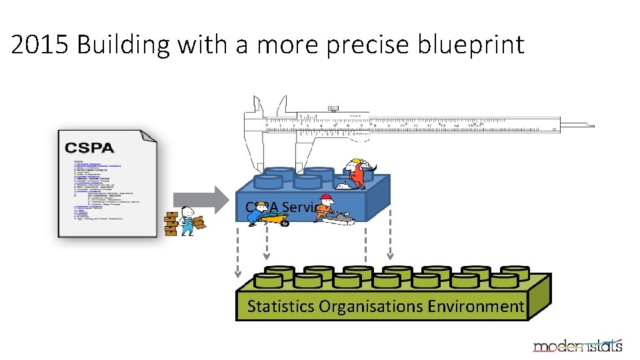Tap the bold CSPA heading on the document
click(x=90, y=148)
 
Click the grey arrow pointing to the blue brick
click(x=201, y=199)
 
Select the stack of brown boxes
click(x=171, y=223)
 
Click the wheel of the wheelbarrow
click(x=285, y=223)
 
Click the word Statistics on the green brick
click(x=281, y=307)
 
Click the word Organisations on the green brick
click(x=371, y=307)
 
